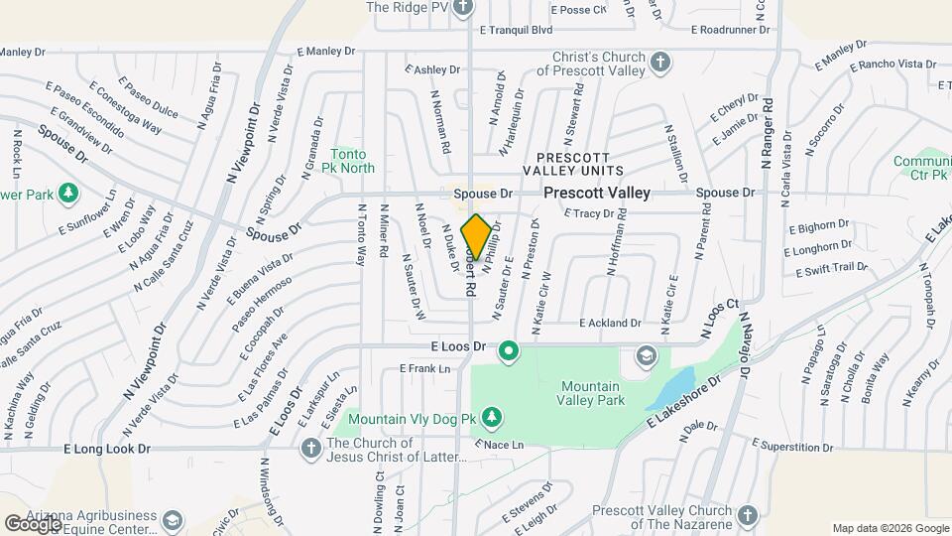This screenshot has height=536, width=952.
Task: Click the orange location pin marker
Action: click(476, 236)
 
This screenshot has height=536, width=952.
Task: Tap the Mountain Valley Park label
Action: click(592, 393)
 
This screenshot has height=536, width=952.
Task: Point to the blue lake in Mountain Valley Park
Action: click(671, 387)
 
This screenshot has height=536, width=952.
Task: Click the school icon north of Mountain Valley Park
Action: click(646, 355)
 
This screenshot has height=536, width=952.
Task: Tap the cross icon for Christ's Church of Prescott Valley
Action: click(661, 64)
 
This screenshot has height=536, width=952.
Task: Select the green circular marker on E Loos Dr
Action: click(510, 350)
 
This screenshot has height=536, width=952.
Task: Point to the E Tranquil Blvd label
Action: click(516, 30)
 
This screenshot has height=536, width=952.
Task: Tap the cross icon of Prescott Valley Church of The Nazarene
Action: click(747, 516)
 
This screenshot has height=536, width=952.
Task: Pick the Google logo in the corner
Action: click(32, 522)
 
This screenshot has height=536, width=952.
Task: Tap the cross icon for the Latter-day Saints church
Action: click(310, 449)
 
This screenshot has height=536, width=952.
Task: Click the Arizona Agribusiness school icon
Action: click(174, 521)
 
